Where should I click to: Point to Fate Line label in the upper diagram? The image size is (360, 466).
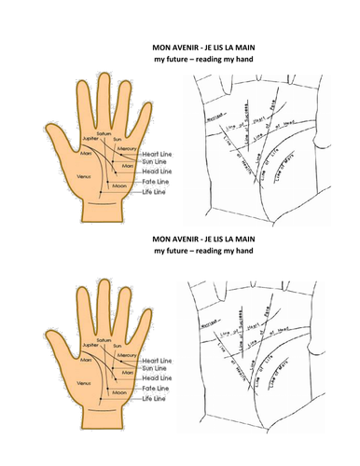(x=155, y=181)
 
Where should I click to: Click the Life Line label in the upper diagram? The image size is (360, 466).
(x=154, y=190)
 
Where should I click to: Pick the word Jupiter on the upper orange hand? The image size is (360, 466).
(x=90, y=137)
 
